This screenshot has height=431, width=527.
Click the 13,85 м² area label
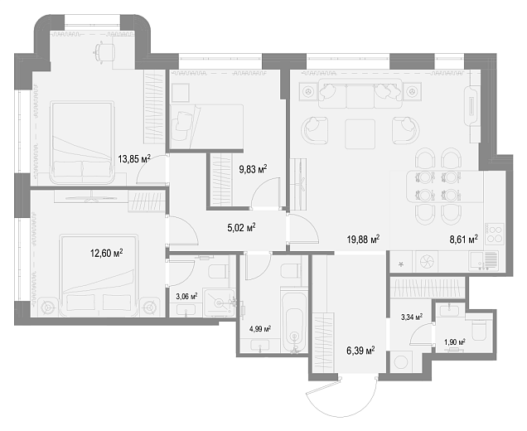[x=134, y=158]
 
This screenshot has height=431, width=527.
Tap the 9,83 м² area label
[x=253, y=169]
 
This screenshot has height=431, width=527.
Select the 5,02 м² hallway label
[x=241, y=228]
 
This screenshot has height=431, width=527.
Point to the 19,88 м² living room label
[x=363, y=240]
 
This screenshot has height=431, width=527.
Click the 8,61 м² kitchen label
[x=464, y=240]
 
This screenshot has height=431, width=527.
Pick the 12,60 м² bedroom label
[x=106, y=253]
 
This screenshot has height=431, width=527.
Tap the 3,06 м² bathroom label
[x=186, y=296]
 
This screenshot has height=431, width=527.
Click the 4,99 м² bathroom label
[x=260, y=329]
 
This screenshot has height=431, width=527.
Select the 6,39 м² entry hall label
[x=360, y=351]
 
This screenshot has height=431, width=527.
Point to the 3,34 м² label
[x=412, y=317]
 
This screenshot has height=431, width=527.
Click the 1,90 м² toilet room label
[x=455, y=342]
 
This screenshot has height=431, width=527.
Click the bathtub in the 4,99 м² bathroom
[x=294, y=323]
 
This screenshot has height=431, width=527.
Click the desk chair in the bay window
[x=100, y=51]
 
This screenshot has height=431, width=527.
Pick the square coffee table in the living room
[x=360, y=133]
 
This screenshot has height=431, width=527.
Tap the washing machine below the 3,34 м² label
[x=401, y=361]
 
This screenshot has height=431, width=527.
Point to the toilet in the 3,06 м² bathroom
[x=218, y=271]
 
